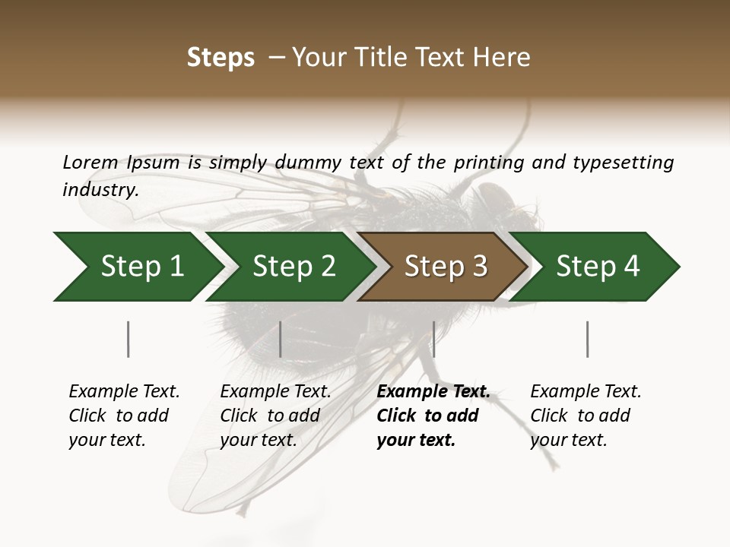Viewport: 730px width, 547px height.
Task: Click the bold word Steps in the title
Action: tap(221, 58)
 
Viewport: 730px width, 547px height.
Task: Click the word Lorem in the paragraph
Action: tap(90, 163)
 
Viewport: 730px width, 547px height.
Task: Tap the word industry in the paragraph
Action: tap(100, 190)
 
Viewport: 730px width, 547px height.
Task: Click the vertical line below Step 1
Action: tap(128, 339)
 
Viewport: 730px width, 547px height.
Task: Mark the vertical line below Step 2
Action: tap(281, 339)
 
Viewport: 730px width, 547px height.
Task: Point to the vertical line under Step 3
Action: tap(433, 339)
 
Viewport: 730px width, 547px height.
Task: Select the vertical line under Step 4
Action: tap(587, 339)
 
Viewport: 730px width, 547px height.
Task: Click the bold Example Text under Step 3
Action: tap(433, 392)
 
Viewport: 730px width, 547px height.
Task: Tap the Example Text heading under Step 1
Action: tap(124, 392)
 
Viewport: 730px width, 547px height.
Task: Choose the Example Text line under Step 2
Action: tap(275, 392)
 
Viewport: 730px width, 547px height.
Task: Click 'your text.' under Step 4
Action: tap(568, 440)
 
